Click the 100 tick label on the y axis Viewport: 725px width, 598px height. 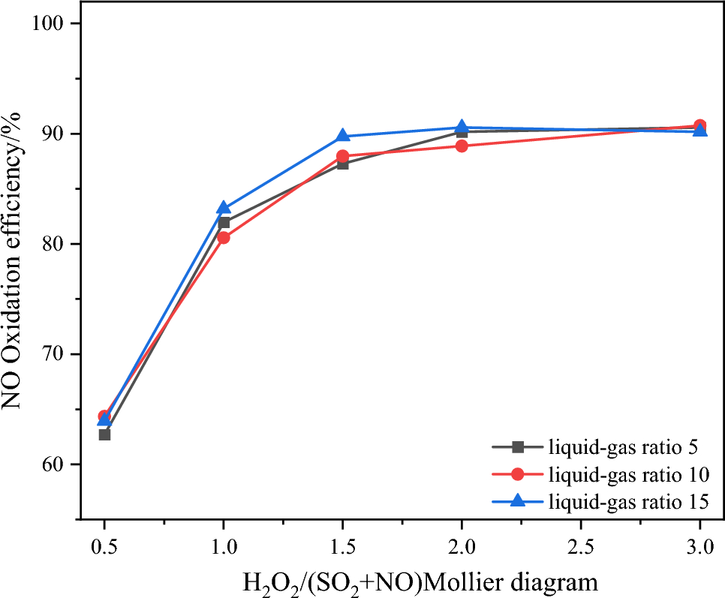tap(47, 24)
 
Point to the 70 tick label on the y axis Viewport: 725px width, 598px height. tap(53, 354)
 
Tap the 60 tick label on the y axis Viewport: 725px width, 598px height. tap(53, 464)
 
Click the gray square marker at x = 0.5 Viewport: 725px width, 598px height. tap(104, 434)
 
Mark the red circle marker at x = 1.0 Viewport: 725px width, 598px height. tap(224, 238)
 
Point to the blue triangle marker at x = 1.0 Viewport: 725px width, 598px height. tap(224, 208)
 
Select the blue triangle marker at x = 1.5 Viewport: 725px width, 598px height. tap(342, 136)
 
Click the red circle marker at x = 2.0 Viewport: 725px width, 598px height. tap(462, 146)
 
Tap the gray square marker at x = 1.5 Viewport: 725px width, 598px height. tap(342, 164)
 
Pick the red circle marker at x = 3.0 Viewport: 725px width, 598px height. tap(699, 126)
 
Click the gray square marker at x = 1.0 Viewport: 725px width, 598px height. tap(224, 222)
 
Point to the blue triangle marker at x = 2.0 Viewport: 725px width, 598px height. tap(462, 128)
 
